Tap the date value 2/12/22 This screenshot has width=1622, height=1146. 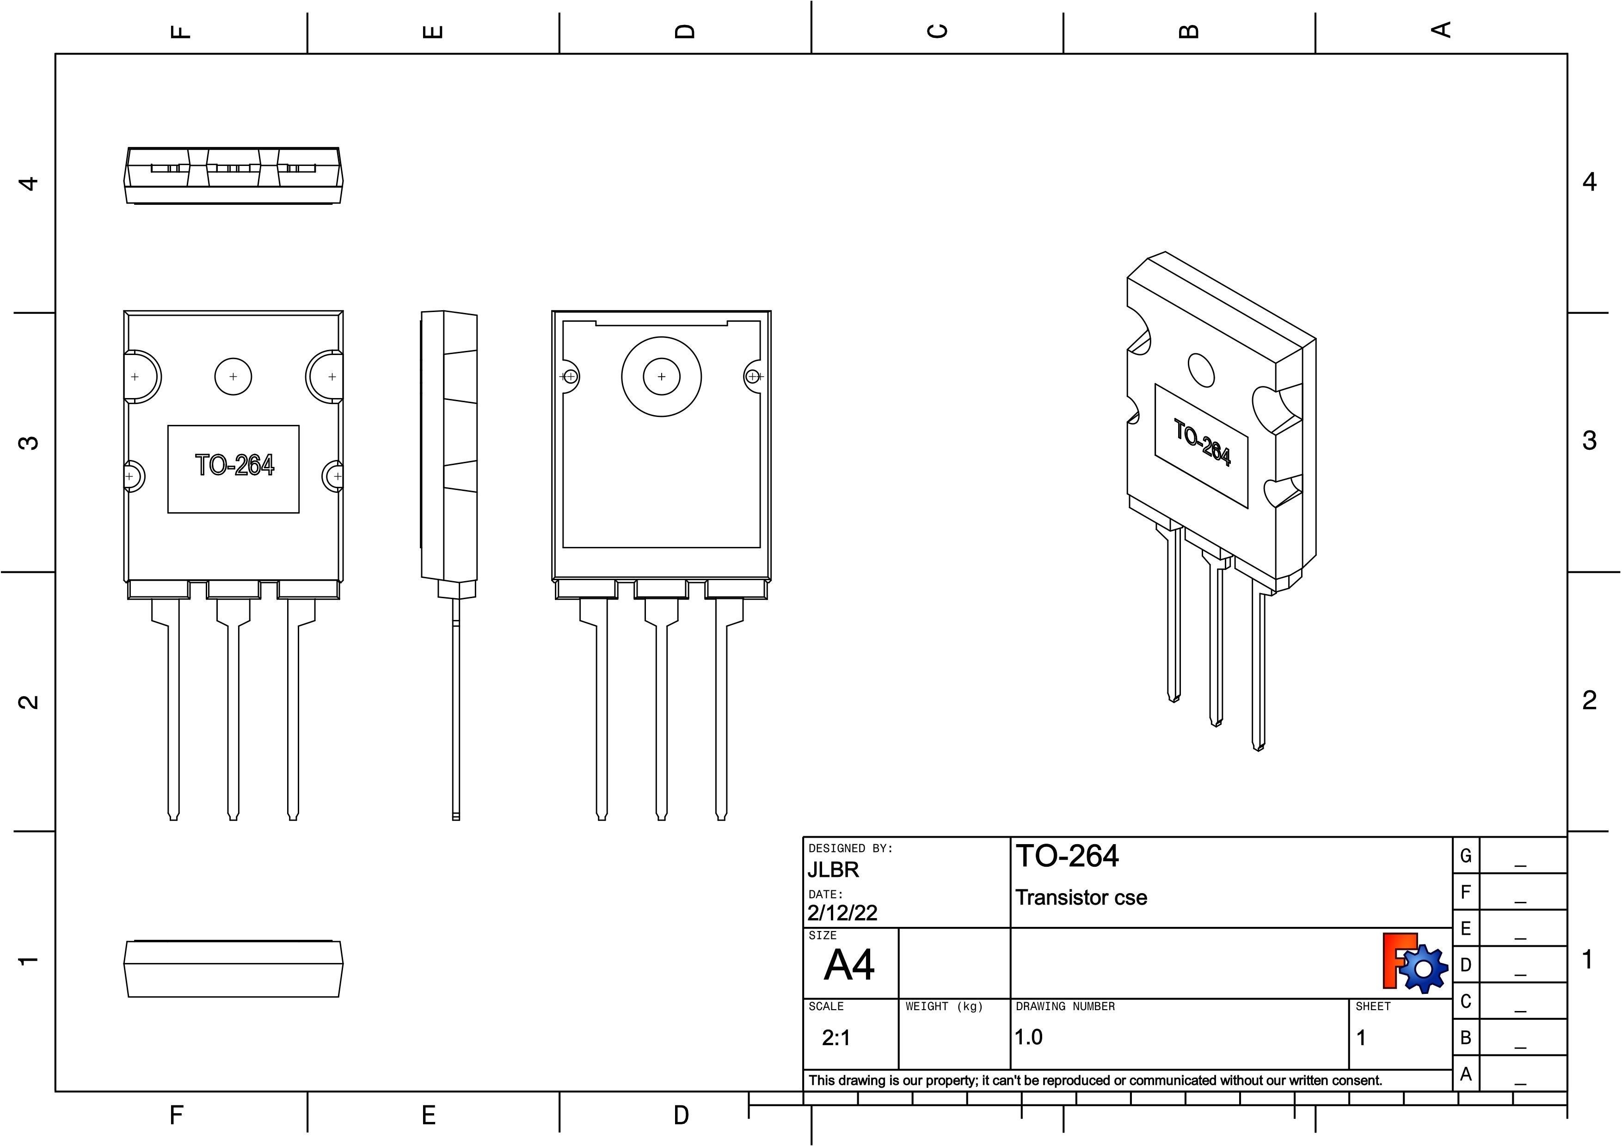click(842, 913)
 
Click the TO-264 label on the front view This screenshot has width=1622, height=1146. click(234, 466)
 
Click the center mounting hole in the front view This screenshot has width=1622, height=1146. click(233, 376)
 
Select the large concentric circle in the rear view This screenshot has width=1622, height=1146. click(661, 376)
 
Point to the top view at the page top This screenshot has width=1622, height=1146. click(233, 176)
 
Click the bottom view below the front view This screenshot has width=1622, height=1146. click(233, 969)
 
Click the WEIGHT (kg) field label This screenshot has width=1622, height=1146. click(944, 1006)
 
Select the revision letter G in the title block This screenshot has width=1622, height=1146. click(1465, 856)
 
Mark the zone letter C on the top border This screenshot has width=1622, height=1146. click(937, 31)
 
